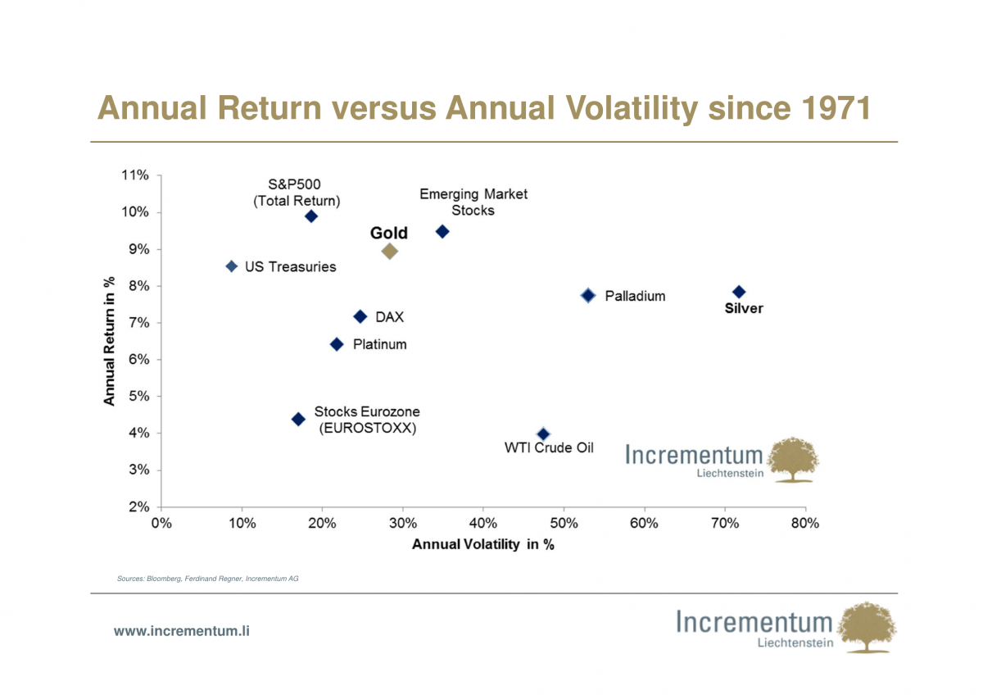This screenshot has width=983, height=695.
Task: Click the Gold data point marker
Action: (390, 251)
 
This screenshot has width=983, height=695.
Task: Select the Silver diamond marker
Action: (739, 292)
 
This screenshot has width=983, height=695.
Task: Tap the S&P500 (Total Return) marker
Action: (310, 216)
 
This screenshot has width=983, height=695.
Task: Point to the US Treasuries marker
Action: (231, 266)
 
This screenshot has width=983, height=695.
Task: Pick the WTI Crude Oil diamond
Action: (543, 434)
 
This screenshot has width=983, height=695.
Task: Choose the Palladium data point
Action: (587, 295)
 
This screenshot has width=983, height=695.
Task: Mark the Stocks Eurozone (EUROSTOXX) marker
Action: (298, 419)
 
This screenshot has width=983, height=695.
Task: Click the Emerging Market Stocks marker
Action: (442, 232)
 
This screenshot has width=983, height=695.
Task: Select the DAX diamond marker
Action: (360, 316)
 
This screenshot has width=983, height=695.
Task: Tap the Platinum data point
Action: (336, 344)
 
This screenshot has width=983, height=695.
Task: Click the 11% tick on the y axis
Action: (135, 175)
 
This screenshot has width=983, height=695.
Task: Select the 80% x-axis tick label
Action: (805, 524)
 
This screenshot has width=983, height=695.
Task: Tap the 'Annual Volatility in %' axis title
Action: (482, 544)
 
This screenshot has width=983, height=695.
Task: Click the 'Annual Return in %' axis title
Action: (109, 341)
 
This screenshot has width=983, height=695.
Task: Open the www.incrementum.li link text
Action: (181, 631)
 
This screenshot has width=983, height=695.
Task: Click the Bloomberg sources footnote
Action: (207, 579)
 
